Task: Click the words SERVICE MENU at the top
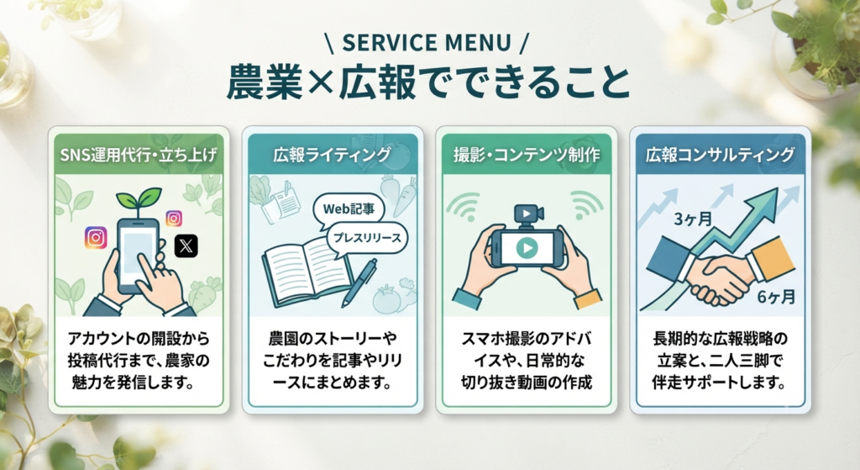[x=427, y=43]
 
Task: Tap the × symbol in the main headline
[x=321, y=83]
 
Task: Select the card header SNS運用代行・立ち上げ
[x=139, y=155]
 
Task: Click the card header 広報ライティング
[x=333, y=155]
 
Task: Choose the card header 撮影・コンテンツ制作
[x=527, y=155]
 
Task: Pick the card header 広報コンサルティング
[x=720, y=155]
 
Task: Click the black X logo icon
[x=186, y=246]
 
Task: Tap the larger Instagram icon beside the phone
[x=96, y=238]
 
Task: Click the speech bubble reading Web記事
[x=349, y=209]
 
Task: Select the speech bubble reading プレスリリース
[x=368, y=238]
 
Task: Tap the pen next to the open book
[x=359, y=283]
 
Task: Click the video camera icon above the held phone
[x=527, y=215]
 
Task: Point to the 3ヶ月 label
[x=693, y=219]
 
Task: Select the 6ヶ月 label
[x=777, y=297]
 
